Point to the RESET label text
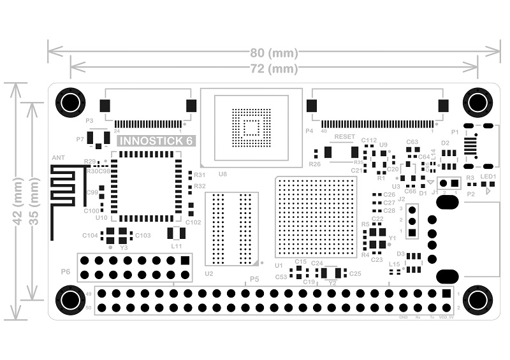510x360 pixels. coord(345,137)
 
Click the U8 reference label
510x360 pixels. coord(222,173)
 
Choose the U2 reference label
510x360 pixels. coord(208,273)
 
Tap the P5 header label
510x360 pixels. coord(254,279)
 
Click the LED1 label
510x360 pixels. coord(488,176)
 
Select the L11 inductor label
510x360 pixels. coord(177,246)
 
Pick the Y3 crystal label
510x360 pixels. coord(124,247)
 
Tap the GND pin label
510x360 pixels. coord(403,317)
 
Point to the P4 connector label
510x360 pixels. coord(309,131)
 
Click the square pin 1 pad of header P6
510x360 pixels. coord(185,260)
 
